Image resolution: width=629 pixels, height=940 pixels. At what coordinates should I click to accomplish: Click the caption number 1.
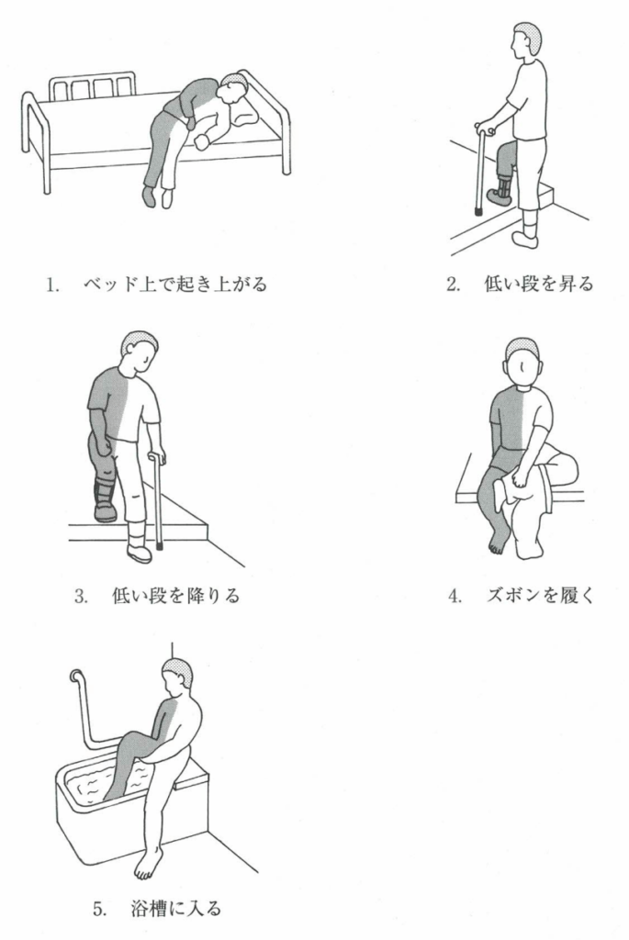[x=52, y=285]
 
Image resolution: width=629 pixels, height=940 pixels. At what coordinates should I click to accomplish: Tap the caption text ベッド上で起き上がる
[x=174, y=284]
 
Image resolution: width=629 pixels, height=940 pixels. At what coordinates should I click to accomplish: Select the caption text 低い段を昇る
[x=538, y=284]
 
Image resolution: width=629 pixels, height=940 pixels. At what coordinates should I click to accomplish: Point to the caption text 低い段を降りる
[x=175, y=595]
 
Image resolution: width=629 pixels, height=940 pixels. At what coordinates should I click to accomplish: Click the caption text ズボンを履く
[x=539, y=595]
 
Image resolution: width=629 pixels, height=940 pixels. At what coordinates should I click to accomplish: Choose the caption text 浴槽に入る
[x=175, y=908]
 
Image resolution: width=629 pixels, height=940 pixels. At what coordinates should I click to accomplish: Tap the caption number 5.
[x=99, y=909]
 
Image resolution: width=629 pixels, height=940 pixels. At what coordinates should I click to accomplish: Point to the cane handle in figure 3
[x=158, y=456]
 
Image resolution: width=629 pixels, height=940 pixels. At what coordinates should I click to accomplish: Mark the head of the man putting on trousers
[x=522, y=362]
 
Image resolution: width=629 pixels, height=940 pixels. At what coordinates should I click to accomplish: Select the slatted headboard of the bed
[x=92, y=86]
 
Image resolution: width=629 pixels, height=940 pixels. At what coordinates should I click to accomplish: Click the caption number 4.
[x=455, y=597]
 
